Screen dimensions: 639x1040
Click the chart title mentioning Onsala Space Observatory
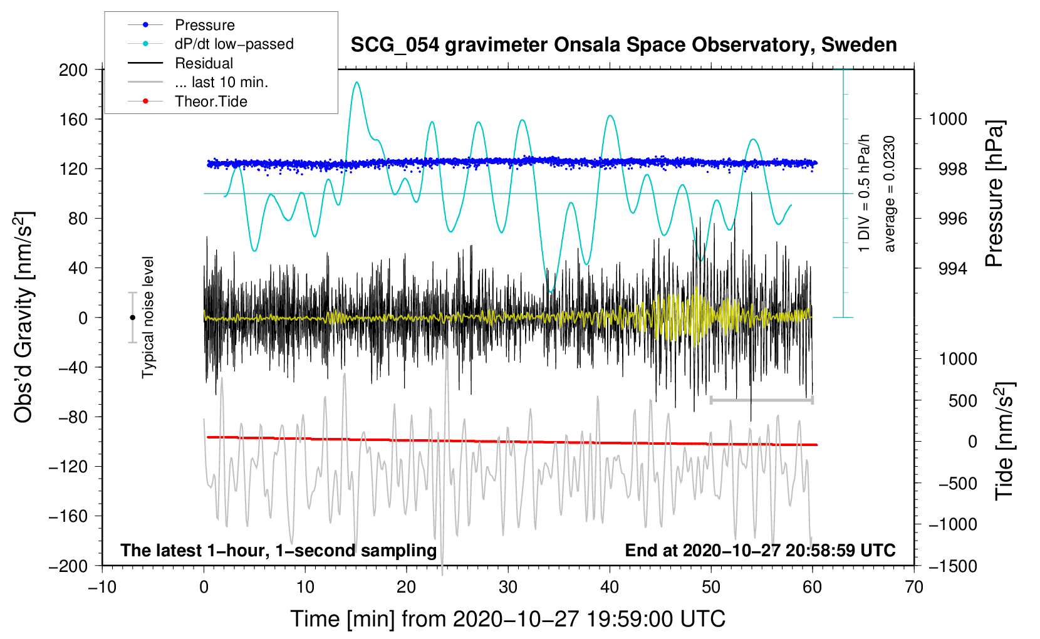pyautogui.click(x=623, y=45)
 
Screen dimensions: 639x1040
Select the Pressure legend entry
pyautogui.click(x=204, y=25)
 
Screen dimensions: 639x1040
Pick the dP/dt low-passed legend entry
pyautogui.click(x=234, y=44)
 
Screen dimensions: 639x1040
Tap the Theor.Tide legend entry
pyautogui.click(x=211, y=101)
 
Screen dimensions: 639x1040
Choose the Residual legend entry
pyautogui.click(x=204, y=63)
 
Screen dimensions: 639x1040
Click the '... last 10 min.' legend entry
pyautogui.click(x=221, y=82)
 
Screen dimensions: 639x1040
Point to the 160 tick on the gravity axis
pyautogui.click(x=73, y=119)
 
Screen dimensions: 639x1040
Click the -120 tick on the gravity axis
pyautogui.click(x=69, y=466)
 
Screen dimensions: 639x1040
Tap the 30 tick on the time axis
pyautogui.click(x=508, y=587)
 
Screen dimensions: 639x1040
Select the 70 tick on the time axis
pyautogui.click(x=914, y=587)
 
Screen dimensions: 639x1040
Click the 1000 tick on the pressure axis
pyautogui.click(x=948, y=119)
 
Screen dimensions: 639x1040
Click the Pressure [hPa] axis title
pyautogui.click(x=994, y=194)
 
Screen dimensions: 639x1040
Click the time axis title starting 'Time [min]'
pyautogui.click(x=507, y=619)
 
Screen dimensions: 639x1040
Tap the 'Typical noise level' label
pyautogui.click(x=148, y=317)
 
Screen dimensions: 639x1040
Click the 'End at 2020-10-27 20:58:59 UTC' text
pyautogui.click(x=760, y=550)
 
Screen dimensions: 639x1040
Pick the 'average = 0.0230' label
pyautogui.click(x=890, y=194)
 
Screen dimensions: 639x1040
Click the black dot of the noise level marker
pyautogui.click(x=132, y=318)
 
